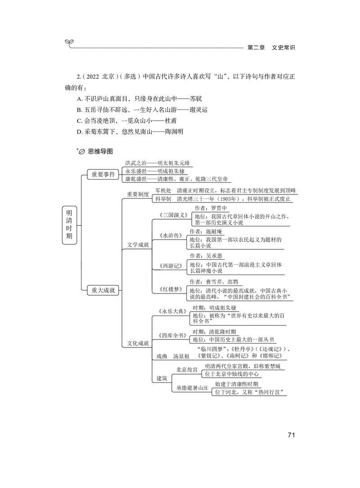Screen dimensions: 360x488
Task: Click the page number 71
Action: [x=290, y=435]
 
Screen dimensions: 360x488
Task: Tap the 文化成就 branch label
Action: [x=138, y=343]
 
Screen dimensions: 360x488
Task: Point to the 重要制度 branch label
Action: [x=138, y=194]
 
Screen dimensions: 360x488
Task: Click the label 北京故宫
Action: [x=187, y=370]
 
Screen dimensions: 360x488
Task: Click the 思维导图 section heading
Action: [x=100, y=152]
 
